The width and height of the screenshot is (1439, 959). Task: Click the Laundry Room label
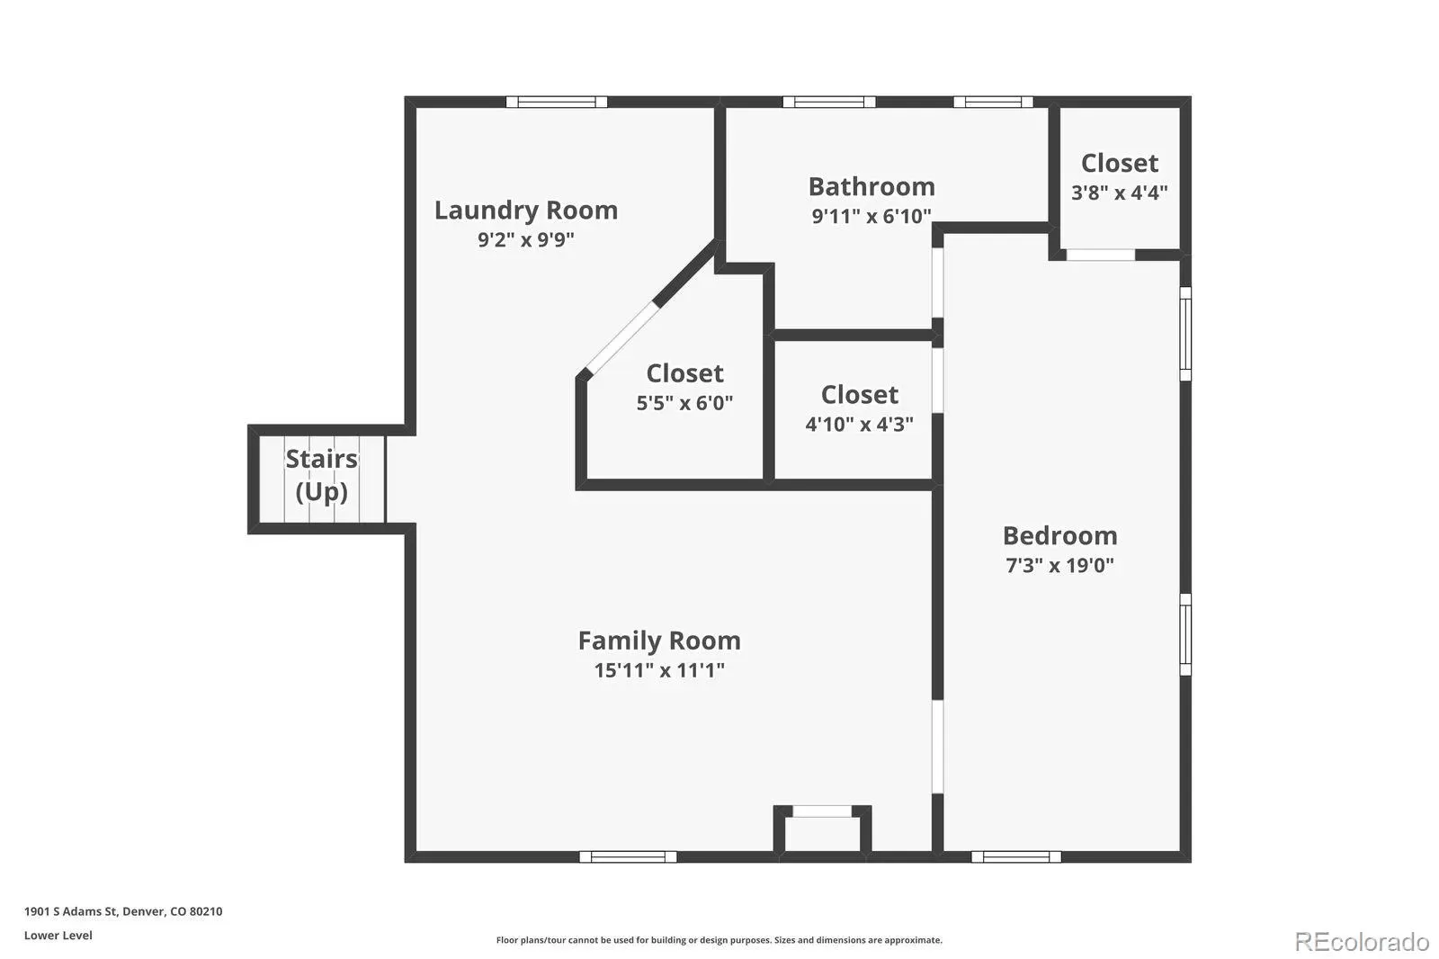coord(526,211)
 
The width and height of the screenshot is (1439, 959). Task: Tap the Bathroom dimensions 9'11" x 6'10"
coord(871,216)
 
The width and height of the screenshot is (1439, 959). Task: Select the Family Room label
coord(659,641)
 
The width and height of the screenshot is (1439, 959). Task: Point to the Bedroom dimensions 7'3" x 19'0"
coord(1059,565)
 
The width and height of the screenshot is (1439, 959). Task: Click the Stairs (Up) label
coord(321,475)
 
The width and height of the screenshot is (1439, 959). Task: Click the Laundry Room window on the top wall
coord(557,102)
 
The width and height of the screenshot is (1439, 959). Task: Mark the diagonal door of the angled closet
coord(621,337)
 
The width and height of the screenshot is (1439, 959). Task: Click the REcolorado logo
coord(1362,942)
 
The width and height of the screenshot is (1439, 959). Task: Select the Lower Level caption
coord(58,936)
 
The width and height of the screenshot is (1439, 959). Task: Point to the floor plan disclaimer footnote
coord(719,940)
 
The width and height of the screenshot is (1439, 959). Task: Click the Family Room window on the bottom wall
coord(628,856)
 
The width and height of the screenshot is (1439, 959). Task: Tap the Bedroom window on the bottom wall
coord(1015,856)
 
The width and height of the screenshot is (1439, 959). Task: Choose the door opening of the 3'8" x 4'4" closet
coord(1101,255)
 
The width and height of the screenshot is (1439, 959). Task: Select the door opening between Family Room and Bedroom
coord(937,747)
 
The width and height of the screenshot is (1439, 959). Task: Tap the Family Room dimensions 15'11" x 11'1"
coord(659,670)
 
